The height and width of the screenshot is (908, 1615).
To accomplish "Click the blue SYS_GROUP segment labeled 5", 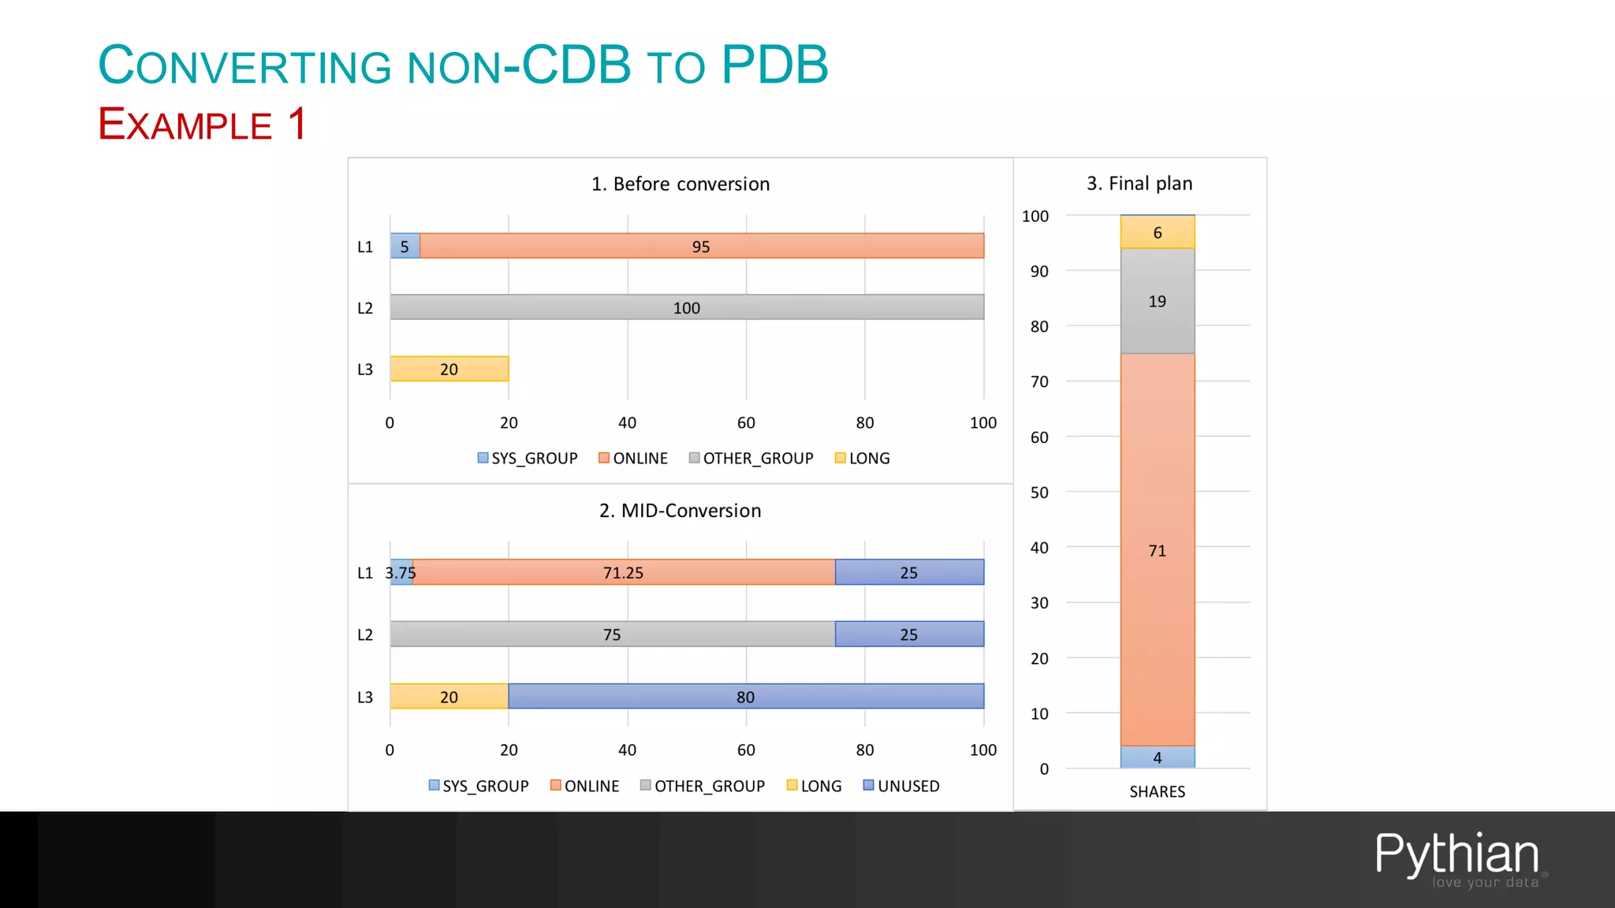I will point(405,246).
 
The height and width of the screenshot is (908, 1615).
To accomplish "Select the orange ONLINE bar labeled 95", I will point(701,246).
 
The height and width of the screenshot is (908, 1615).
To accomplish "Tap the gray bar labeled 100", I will point(686,307).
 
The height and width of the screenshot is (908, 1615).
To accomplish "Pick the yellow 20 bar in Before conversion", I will point(449,369).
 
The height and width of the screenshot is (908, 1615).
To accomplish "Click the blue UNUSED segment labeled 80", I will point(745,697).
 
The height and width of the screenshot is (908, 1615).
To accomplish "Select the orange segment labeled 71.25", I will point(623,572).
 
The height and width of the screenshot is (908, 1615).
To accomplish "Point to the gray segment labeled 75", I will point(612,634).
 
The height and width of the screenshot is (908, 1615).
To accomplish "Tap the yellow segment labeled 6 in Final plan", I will point(1157,233).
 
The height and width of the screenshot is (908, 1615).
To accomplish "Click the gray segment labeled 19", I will point(1157,301).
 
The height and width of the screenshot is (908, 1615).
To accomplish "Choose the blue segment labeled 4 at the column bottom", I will point(1157,757).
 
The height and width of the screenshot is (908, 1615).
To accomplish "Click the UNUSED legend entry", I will point(901,786).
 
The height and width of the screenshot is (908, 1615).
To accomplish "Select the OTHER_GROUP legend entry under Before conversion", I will point(751,458).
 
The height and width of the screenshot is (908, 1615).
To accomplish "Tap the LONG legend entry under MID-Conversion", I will point(815,786).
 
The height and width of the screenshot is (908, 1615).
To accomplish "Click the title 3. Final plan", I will point(1139,184).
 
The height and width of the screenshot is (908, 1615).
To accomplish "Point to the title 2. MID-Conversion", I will point(680,511).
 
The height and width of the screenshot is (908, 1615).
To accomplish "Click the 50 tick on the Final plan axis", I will point(1039,493).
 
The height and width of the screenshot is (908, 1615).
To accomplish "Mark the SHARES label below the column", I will point(1157,791).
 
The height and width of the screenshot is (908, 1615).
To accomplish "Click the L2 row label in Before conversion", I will point(365,308).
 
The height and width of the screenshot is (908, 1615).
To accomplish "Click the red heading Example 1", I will point(202,125).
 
